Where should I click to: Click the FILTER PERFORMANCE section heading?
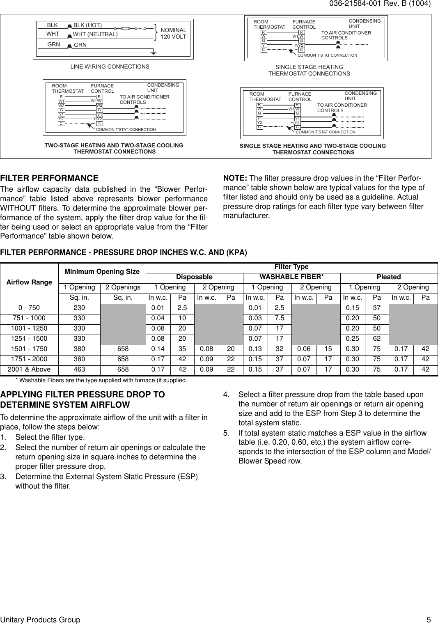[x=49, y=179]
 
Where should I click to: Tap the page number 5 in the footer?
[x=428, y=619]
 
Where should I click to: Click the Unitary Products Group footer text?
[x=40, y=619]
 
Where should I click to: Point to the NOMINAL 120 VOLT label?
[x=173, y=34]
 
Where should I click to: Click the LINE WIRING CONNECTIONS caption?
[x=110, y=67]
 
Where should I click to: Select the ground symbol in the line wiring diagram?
[x=153, y=53]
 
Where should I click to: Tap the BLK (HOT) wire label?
[x=87, y=25]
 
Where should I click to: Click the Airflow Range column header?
[x=29, y=282]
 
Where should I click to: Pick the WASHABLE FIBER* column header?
[x=291, y=277]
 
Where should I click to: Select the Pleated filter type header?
[x=389, y=277]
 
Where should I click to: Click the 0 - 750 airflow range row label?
[x=29, y=308]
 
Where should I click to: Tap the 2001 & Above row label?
[x=29, y=369]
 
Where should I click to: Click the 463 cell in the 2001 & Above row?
[x=79, y=369]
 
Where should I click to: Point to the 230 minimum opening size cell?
[x=79, y=308]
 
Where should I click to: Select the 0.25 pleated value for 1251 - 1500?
[x=352, y=339]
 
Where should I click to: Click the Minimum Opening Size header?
[x=102, y=272]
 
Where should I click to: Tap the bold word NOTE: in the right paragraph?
[x=235, y=178]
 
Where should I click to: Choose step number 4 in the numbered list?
[x=226, y=395]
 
